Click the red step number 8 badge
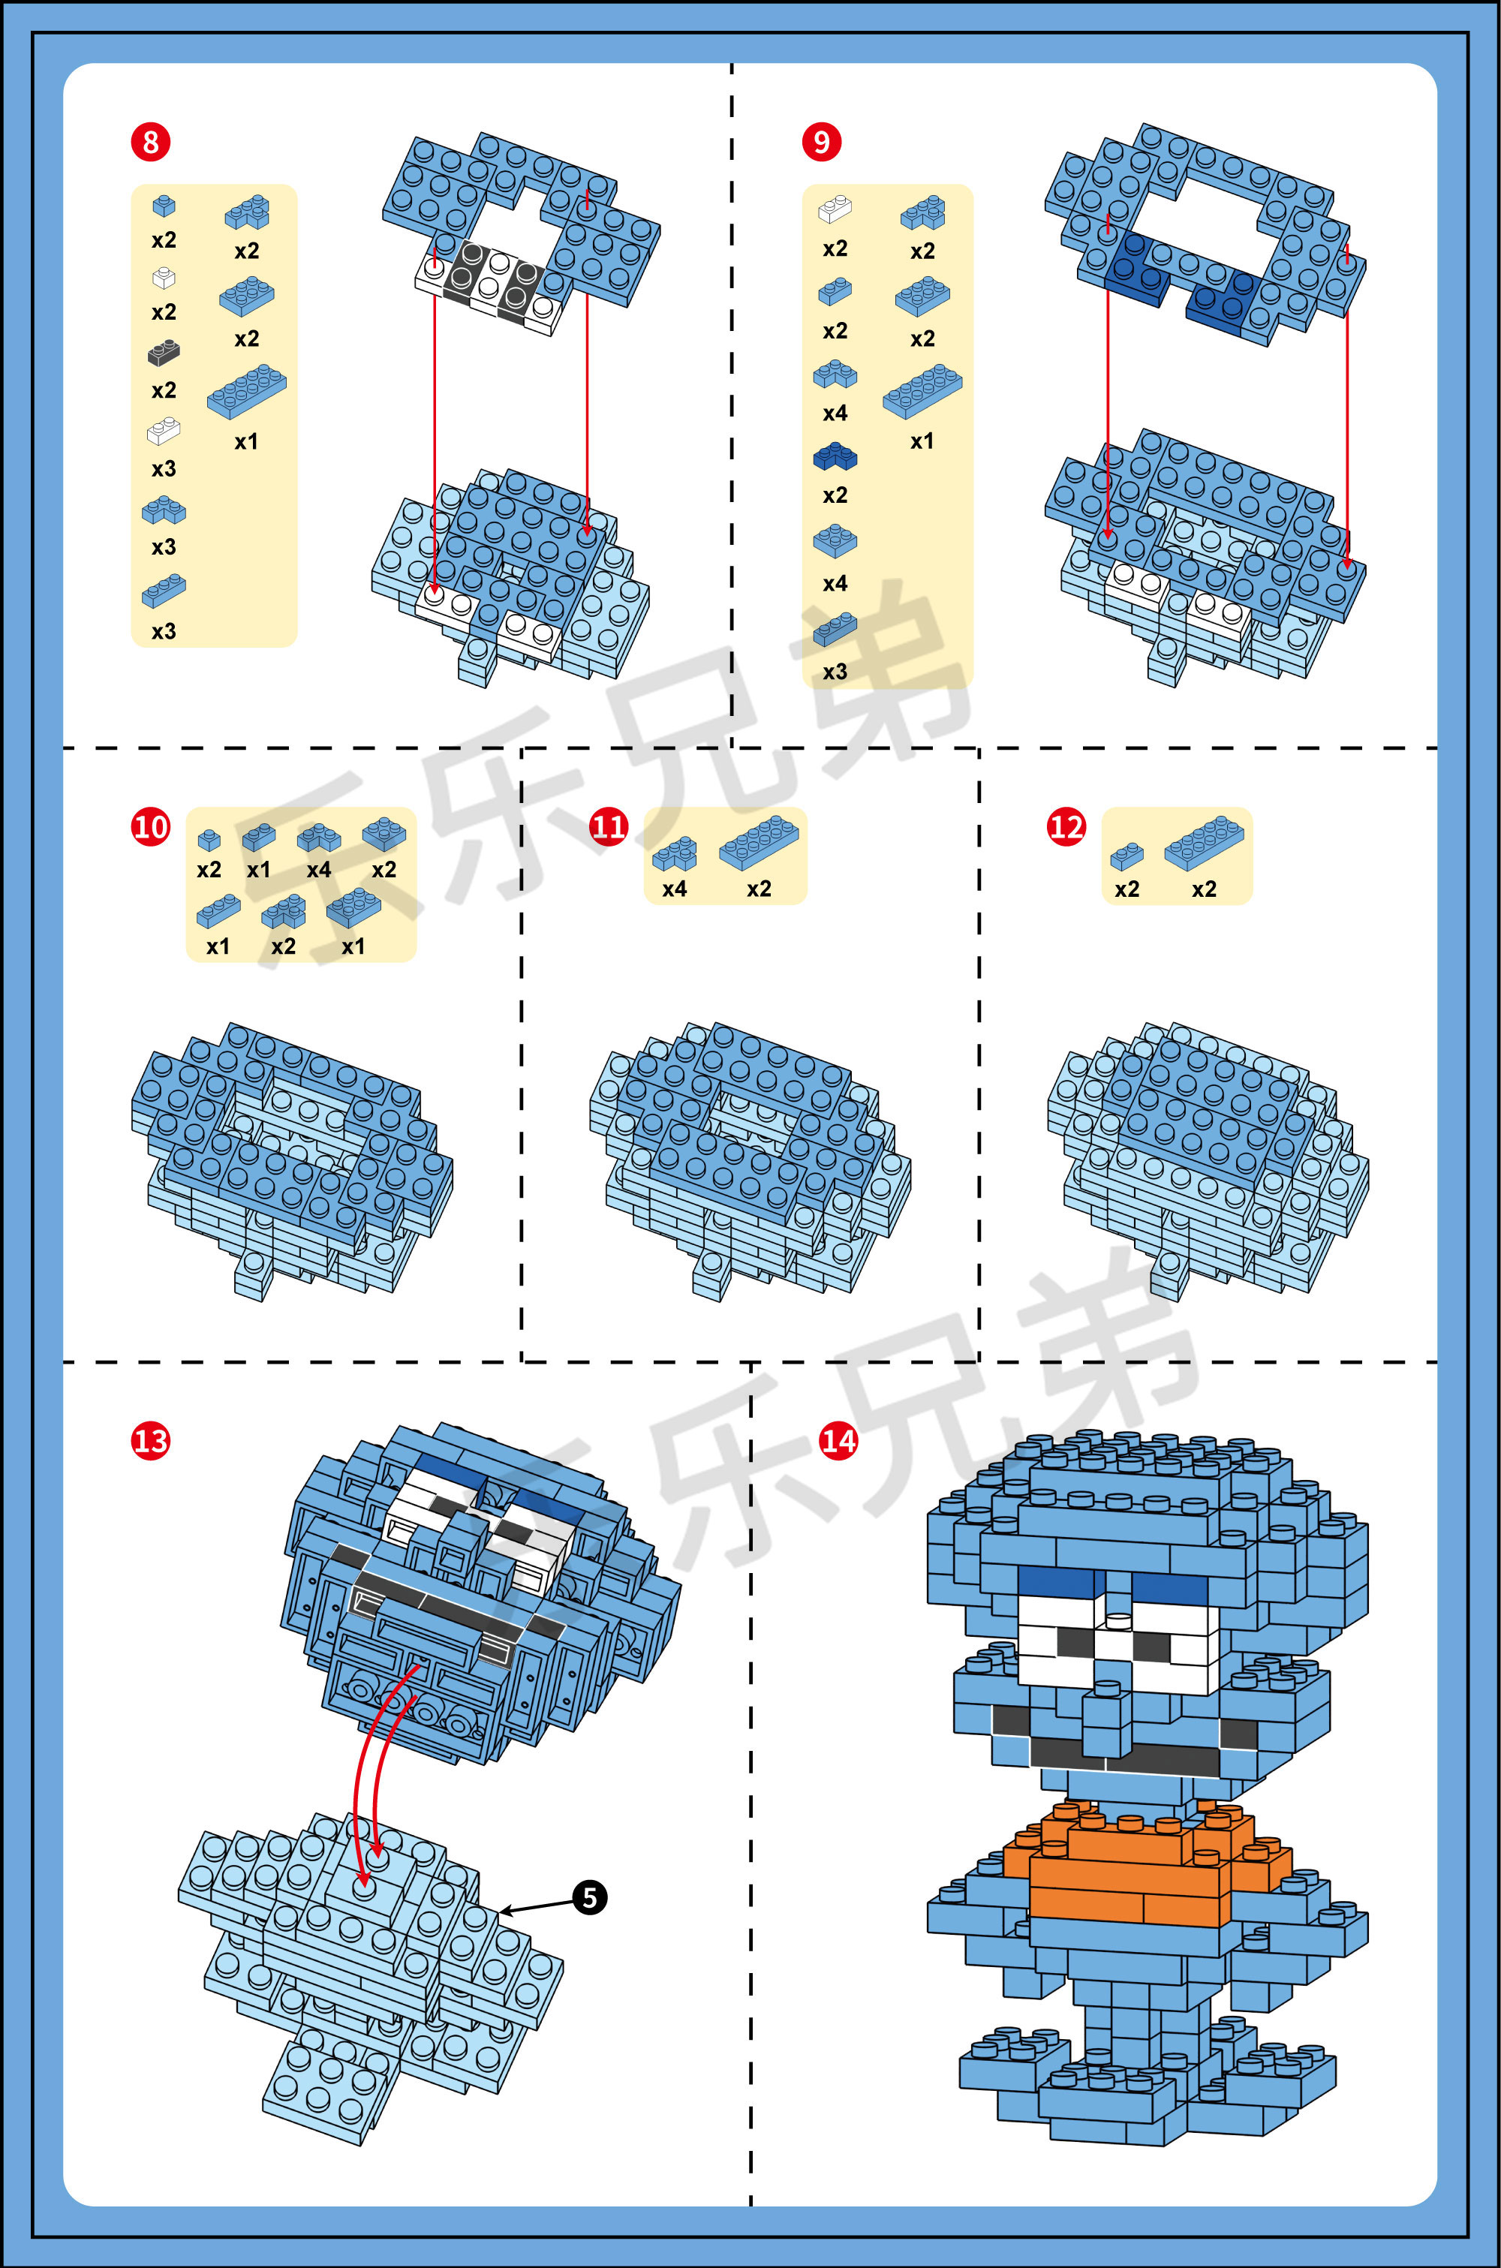tap(150, 142)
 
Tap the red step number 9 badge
tap(821, 142)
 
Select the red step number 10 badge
tap(150, 827)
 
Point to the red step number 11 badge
tap(609, 827)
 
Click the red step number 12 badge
tap(1066, 827)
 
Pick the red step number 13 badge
tap(150, 1440)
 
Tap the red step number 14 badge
tap(838, 1440)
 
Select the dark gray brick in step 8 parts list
tap(164, 353)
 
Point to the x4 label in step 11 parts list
tap(674, 889)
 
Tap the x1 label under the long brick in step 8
tap(246, 442)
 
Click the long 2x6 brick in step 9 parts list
tap(922, 390)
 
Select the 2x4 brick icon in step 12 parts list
tap(1205, 843)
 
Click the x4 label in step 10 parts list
tap(319, 870)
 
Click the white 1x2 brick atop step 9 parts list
tap(835, 209)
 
